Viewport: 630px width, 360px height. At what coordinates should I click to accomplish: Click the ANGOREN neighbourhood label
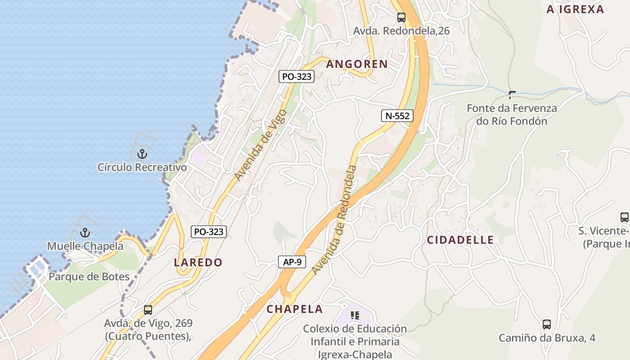pos(357,64)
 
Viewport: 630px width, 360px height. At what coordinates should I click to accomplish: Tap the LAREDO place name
pos(198,262)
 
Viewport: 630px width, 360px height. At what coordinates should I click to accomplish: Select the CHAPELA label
pos(295,309)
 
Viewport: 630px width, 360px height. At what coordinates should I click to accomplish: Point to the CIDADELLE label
pos(460,240)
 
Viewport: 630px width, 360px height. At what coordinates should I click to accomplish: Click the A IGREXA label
pos(575,9)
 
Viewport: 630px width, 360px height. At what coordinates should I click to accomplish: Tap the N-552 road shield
pos(397,116)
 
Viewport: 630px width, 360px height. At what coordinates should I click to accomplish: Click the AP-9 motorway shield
pos(292,262)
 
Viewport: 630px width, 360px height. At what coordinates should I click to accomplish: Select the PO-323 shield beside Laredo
pos(208,232)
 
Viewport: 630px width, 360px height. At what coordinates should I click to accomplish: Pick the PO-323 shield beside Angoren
pos(297,76)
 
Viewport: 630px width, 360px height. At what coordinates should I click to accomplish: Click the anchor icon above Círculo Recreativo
pos(142,154)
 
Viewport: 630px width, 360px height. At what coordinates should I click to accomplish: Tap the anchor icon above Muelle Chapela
pos(85,233)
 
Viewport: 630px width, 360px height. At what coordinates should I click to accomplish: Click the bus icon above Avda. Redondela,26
pos(401,18)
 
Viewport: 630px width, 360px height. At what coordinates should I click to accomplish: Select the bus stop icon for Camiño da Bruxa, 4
pos(547,324)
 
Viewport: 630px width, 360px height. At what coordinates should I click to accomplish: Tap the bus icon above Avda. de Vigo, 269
pos(148,310)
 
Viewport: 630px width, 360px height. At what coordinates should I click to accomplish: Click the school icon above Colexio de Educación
pos(355,315)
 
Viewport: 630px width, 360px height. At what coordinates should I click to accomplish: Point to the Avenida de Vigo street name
pos(260,145)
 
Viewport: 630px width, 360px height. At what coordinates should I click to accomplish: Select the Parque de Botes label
pos(89,276)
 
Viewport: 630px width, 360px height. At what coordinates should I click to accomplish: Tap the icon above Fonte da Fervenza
pos(512,94)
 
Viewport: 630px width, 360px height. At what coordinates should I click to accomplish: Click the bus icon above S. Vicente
pos(625,217)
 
